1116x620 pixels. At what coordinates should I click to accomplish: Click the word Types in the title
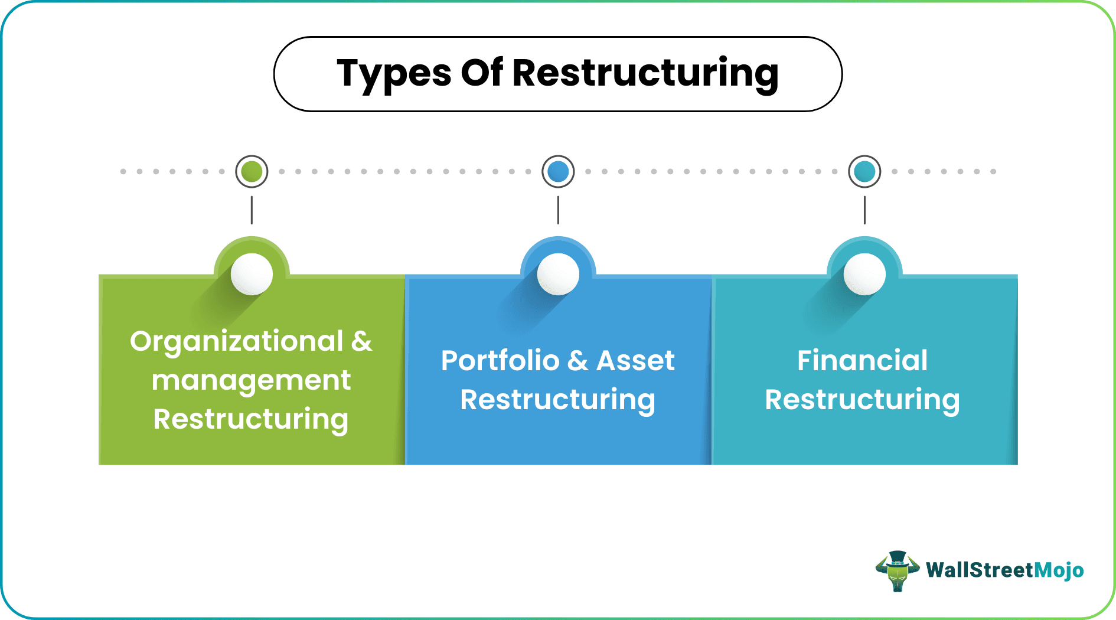tap(393, 74)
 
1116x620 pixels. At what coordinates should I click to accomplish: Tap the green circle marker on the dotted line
tap(252, 172)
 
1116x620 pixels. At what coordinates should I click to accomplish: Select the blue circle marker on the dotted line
tap(558, 172)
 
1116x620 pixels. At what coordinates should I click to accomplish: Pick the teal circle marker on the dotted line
tap(864, 172)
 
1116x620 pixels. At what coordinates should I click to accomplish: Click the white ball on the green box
tap(252, 274)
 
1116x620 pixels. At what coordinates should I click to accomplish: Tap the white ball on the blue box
tap(558, 274)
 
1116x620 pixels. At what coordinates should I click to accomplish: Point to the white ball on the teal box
tap(864, 274)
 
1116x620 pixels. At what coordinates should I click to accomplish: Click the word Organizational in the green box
tap(236, 342)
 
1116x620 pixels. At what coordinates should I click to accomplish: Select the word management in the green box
tap(251, 380)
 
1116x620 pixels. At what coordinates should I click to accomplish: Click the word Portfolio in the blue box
tap(500, 361)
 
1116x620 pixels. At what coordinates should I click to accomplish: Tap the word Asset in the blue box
tap(635, 361)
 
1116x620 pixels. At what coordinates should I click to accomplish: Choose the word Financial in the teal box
tap(862, 361)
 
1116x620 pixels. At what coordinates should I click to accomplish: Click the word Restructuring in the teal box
tap(862, 400)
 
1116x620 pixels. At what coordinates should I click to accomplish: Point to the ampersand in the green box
tap(361, 341)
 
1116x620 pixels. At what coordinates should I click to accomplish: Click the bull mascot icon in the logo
tap(898, 570)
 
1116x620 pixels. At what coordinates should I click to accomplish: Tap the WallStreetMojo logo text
tap(1004, 570)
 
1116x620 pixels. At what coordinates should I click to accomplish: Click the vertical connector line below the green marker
tap(252, 210)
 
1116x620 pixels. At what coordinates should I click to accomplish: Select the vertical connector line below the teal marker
tap(864, 210)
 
